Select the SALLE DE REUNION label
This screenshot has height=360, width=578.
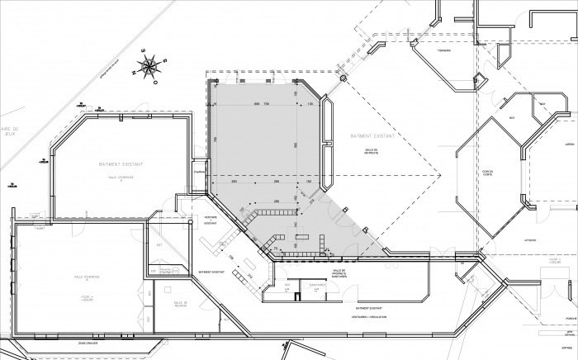181,305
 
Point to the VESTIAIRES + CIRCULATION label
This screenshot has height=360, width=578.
369,316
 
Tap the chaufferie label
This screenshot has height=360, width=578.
198,172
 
